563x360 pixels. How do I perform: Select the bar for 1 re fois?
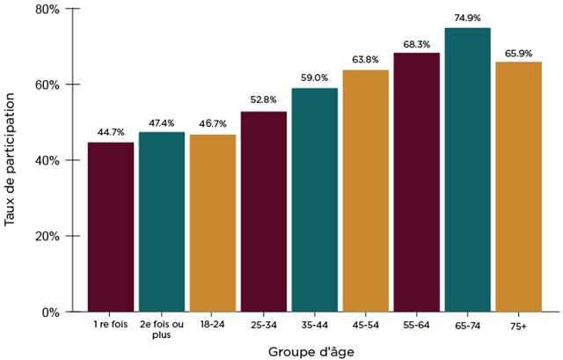[x=110, y=227]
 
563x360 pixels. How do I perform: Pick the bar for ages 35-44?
[x=314, y=200]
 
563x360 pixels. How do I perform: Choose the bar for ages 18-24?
[x=212, y=223]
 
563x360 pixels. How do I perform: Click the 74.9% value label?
[x=467, y=18]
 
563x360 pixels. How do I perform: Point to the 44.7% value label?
[x=110, y=132]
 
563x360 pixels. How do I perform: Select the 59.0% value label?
[x=314, y=78]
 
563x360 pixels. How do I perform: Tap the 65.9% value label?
[x=518, y=53]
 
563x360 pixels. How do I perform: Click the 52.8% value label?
[x=263, y=101]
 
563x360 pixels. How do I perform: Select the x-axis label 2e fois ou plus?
[x=161, y=330]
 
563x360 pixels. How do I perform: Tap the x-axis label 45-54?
[x=365, y=326]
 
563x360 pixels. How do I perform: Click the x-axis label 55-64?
[x=416, y=326]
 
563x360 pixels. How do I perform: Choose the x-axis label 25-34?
[x=263, y=326]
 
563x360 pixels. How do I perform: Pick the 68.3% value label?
[x=416, y=43]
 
